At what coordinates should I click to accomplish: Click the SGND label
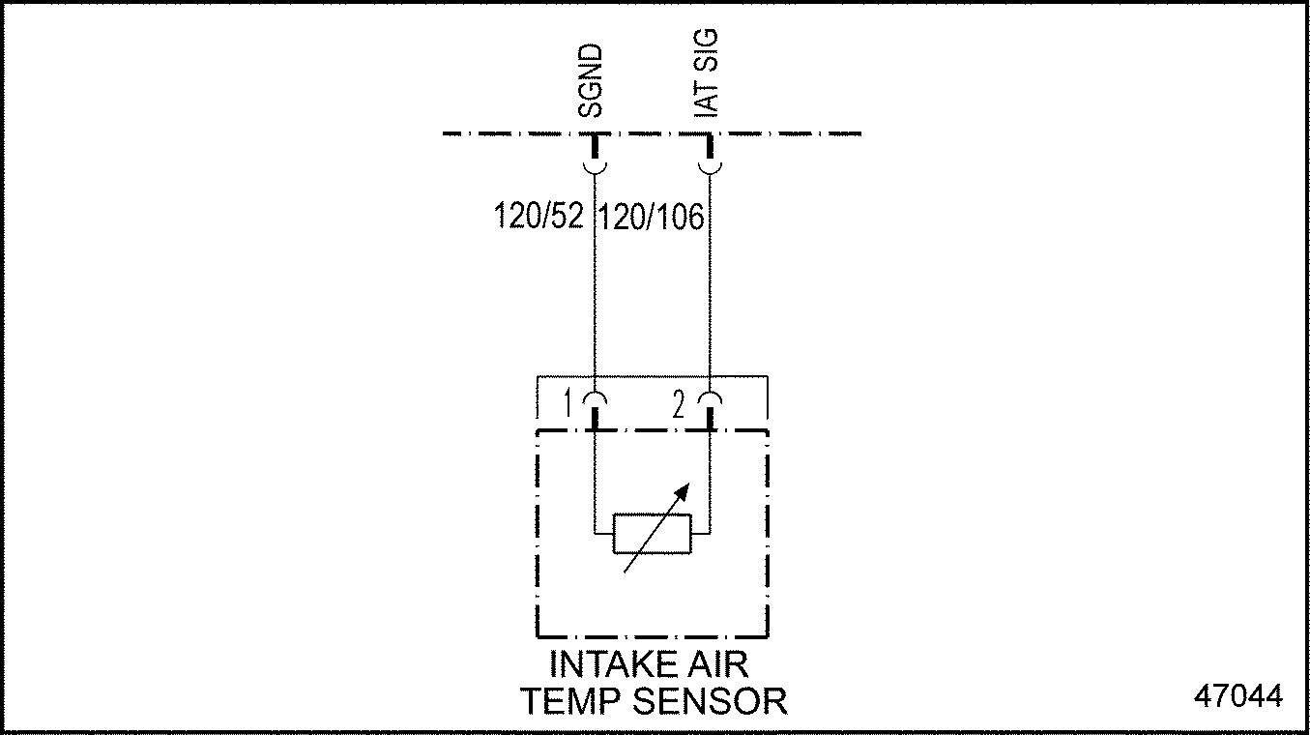tap(590, 81)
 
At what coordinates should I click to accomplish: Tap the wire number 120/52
tap(539, 216)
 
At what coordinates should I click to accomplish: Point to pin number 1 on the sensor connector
tap(568, 403)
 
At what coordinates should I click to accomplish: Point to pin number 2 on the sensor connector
tap(678, 404)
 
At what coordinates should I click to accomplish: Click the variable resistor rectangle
tap(652, 534)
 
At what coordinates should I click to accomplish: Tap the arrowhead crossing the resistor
tap(682, 492)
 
